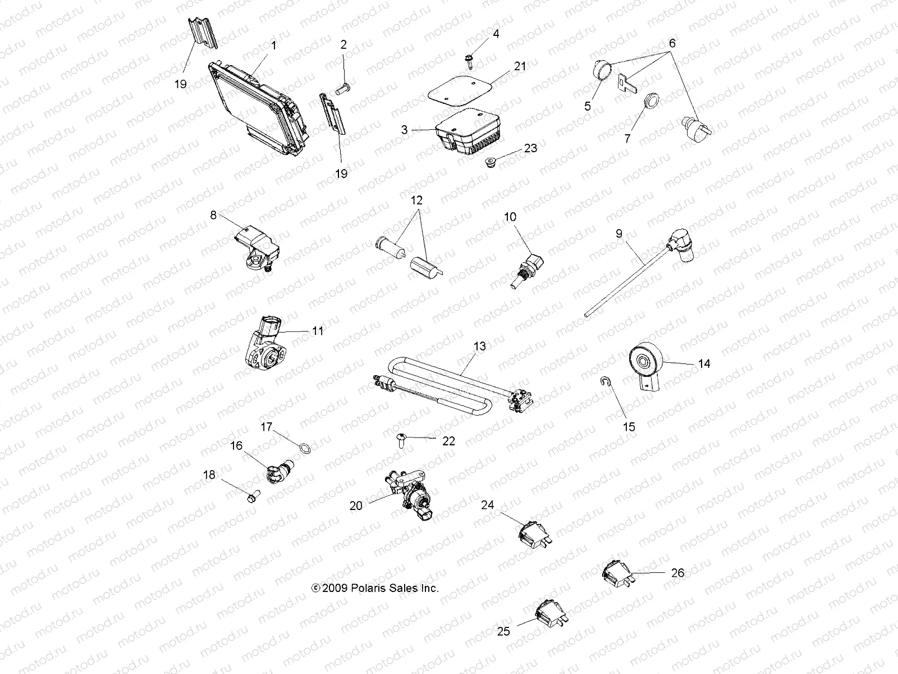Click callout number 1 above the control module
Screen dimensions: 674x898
click(x=274, y=45)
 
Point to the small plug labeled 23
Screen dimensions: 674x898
click(x=489, y=163)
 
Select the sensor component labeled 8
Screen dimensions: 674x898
click(x=253, y=247)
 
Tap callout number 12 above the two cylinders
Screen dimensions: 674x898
click(x=416, y=201)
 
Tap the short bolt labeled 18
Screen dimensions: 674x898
click(x=251, y=495)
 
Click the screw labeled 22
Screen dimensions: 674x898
click(x=402, y=439)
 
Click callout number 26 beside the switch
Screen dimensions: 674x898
click(x=677, y=573)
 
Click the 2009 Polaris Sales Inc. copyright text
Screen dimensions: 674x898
click(x=375, y=588)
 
